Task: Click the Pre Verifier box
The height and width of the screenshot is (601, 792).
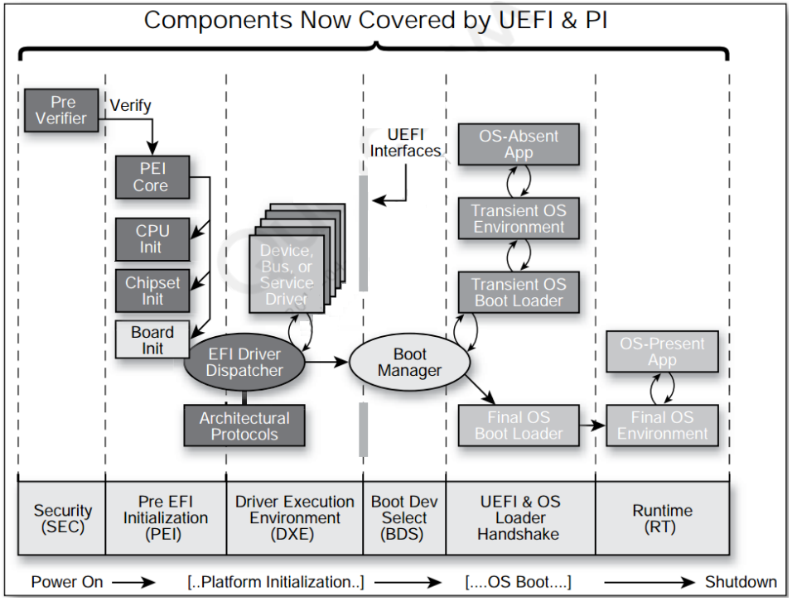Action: click(x=61, y=111)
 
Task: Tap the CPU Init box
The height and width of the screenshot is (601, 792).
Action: click(x=152, y=239)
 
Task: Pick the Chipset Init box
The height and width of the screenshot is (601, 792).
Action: click(x=152, y=291)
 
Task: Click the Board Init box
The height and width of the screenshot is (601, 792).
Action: click(x=152, y=339)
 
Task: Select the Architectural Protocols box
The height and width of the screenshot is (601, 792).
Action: click(x=244, y=426)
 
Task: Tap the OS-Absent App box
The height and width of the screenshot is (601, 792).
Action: click(x=519, y=145)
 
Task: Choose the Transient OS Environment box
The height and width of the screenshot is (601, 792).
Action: click(x=519, y=219)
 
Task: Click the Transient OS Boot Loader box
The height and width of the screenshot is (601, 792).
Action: click(x=519, y=292)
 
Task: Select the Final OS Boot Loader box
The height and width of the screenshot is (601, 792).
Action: click(x=519, y=425)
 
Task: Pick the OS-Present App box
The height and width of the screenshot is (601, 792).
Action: click(x=662, y=352)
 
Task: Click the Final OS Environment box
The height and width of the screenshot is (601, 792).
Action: click(x=662, y=425)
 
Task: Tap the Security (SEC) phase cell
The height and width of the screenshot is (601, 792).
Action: click(x=62, y=518)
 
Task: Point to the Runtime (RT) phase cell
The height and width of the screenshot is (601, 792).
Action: click(x=662, y=518)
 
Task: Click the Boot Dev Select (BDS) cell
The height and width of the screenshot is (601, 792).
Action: click(x=404, y=518)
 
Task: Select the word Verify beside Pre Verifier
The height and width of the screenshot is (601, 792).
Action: click(x=131, y=105)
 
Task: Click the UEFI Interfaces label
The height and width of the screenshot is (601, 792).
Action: click(x=405, y=142)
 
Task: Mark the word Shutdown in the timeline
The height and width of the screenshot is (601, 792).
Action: click(x=741, y=582)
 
